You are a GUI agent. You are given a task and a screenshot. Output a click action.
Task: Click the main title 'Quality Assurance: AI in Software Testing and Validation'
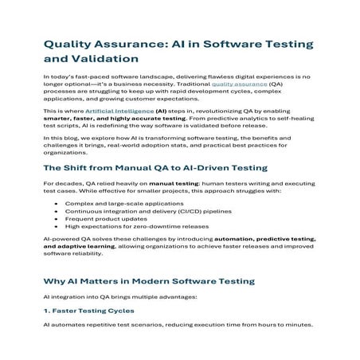tap(170, 49)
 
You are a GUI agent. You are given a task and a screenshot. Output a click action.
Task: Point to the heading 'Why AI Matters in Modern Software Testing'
tap(148, 283)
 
